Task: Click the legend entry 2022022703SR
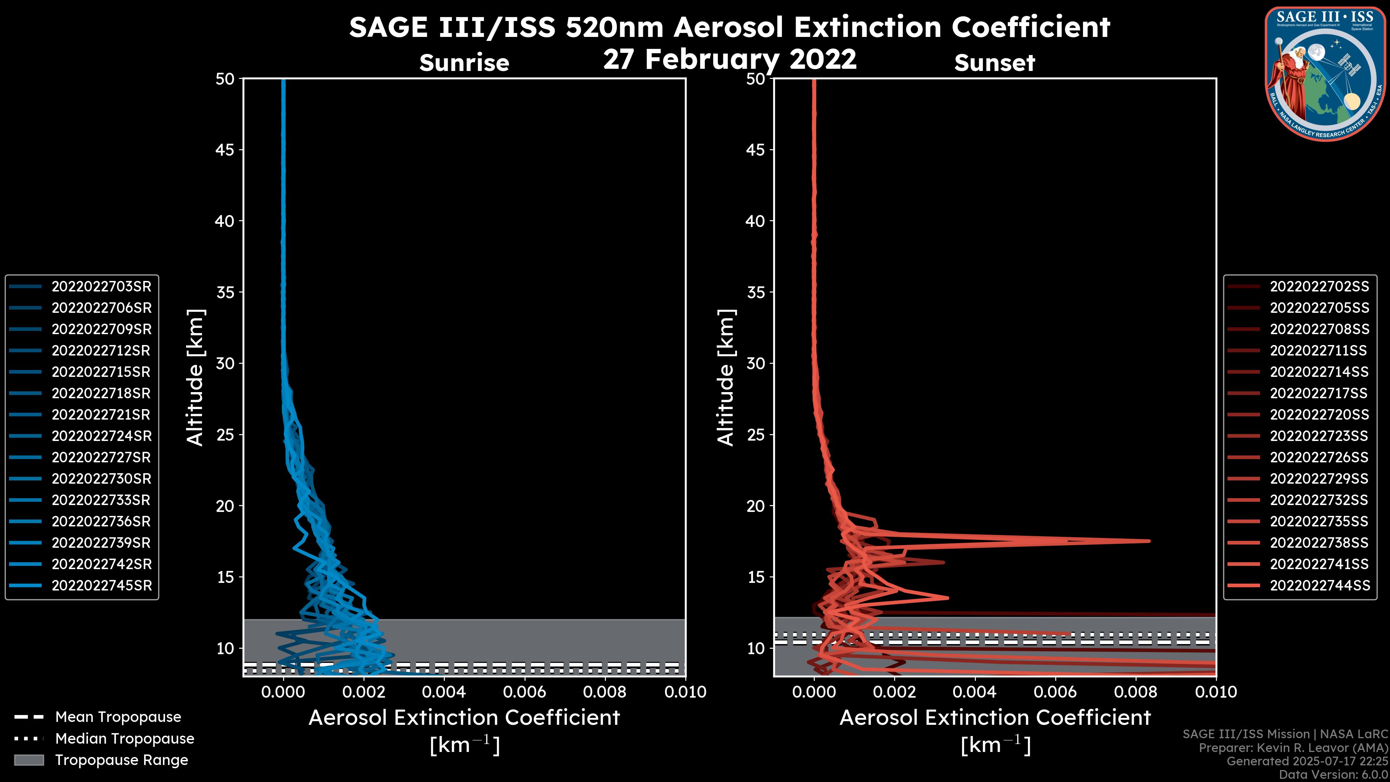(101, 287)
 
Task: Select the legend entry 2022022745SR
(101, 585)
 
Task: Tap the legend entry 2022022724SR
(101, 436)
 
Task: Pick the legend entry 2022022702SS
(1319, 287)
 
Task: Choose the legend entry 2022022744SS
(1319, 585)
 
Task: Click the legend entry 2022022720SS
(1319, 415)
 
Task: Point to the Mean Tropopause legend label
(118, 717)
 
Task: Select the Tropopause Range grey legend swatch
(29, 760)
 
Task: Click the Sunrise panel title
(464, 63)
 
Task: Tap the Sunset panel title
(994, 63)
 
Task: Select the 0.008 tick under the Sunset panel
(1136, 692)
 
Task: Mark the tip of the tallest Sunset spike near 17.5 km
(1149, 541)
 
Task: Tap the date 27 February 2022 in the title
(729, 59)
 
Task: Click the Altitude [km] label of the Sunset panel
(726, 378)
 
